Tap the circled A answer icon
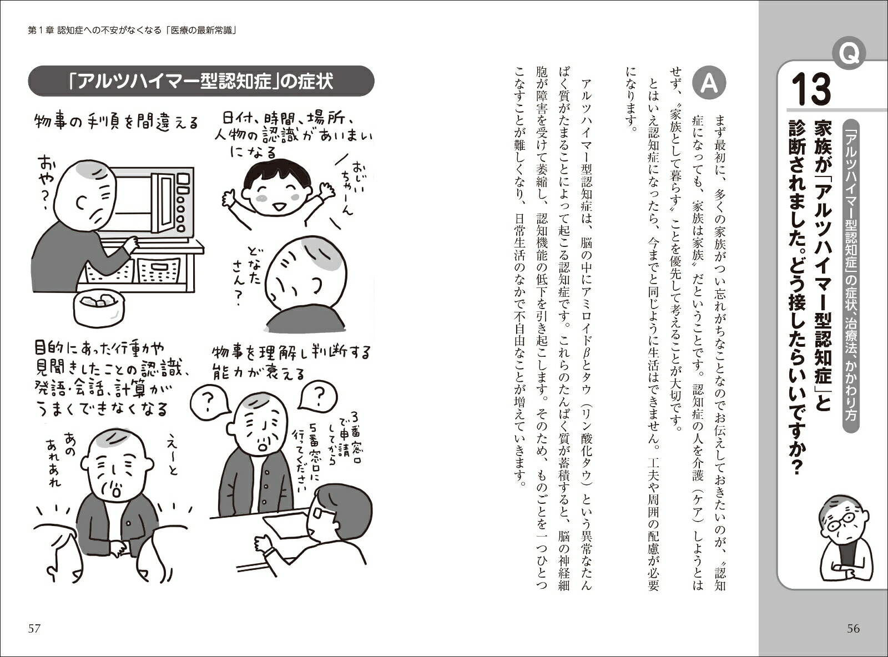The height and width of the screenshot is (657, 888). pyautogui.click(x=709, y=85)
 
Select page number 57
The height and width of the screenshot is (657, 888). pyautogui.click(x=34, y=629)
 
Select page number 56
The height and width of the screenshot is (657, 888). pyautogui.click(x=853, y=629)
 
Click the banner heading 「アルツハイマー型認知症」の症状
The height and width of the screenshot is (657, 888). pyautogui.click(x=201, y=81)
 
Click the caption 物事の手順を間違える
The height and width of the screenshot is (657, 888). pyautogui.click(x=117, y=122)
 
